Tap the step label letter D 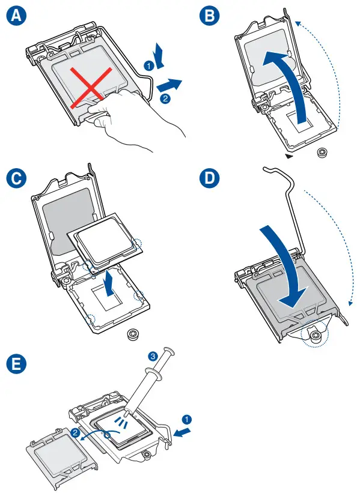tap(210, 178)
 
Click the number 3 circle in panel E tap(153, 357)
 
